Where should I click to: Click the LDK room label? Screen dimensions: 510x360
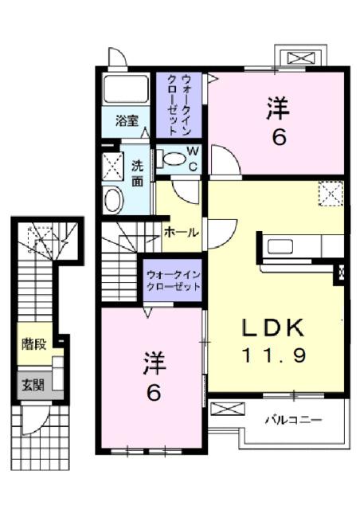[x=273, y=328]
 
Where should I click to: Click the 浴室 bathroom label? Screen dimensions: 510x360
[x=127, y=121]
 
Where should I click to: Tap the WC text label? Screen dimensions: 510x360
[x=193, y=158]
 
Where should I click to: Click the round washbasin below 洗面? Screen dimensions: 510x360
[x=113, y=199]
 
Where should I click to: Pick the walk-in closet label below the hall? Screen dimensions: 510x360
[x=173, y=280]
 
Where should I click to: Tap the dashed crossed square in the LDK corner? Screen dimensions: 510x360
[x=330, y=193]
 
